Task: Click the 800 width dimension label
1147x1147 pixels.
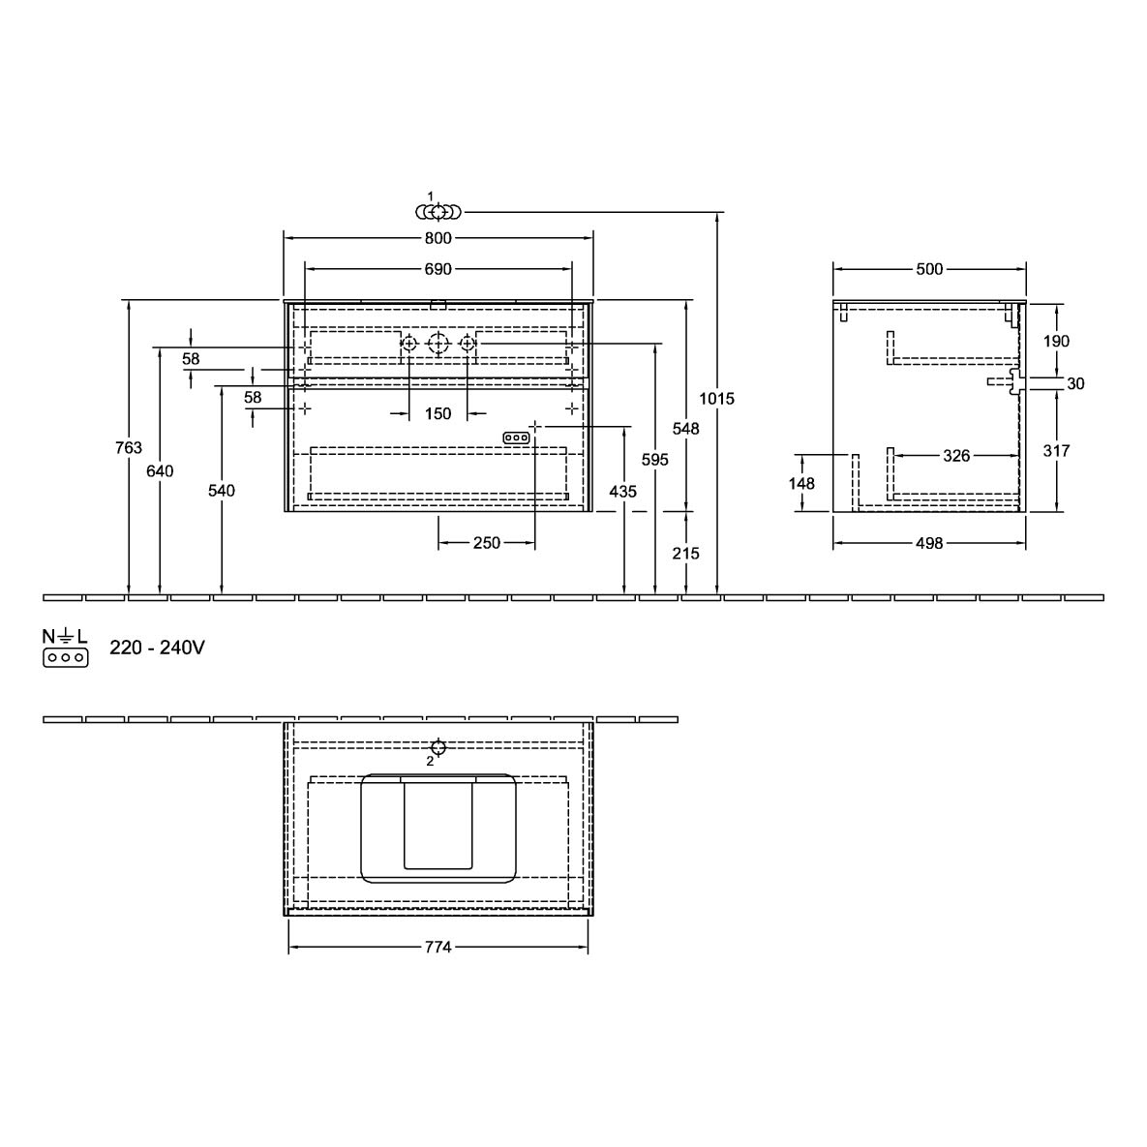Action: coord(438,238)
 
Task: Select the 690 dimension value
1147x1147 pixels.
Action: coord(438,269)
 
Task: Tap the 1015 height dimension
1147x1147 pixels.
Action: coord(717,399)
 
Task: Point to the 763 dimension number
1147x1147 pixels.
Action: coord(129,448)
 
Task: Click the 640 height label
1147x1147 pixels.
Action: coord(160,471)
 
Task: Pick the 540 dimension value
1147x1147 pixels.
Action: coord(221,490)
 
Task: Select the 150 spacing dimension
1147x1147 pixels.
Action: coord(438,414)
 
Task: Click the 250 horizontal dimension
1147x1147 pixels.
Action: coord(487,543)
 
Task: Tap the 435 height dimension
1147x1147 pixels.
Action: coord(623,492)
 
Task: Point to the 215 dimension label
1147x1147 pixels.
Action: coord(686,554)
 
